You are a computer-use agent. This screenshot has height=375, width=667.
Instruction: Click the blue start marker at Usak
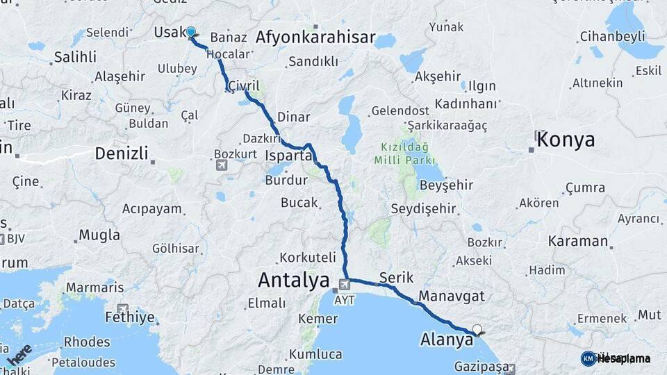point(191,33)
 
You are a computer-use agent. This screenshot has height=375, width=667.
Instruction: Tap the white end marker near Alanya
point(477,330)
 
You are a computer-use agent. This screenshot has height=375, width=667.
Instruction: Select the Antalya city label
point(293,281)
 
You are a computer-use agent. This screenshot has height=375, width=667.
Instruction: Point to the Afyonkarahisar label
point(315,37)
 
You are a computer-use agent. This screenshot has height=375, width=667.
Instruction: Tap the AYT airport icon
point(344,285)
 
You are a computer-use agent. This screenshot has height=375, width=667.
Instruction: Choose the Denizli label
point(121,153)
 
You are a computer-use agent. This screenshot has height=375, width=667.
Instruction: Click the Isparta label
point(289,156)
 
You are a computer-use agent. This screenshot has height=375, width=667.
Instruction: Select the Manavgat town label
point(452,297)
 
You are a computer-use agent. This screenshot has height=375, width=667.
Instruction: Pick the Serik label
point(396,278)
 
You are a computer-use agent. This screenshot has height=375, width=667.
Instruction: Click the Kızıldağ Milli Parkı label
point(404,153)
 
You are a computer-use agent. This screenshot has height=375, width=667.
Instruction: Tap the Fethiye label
point(129,318)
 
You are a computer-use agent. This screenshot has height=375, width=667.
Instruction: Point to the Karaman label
point(577,242)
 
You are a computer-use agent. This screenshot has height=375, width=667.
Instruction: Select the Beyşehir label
point(446,185)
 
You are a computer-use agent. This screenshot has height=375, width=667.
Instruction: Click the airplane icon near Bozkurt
point(221,165)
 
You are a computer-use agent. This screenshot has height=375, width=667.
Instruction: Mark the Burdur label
point(286,181)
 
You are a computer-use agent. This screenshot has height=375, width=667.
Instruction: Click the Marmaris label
point(94,287)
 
